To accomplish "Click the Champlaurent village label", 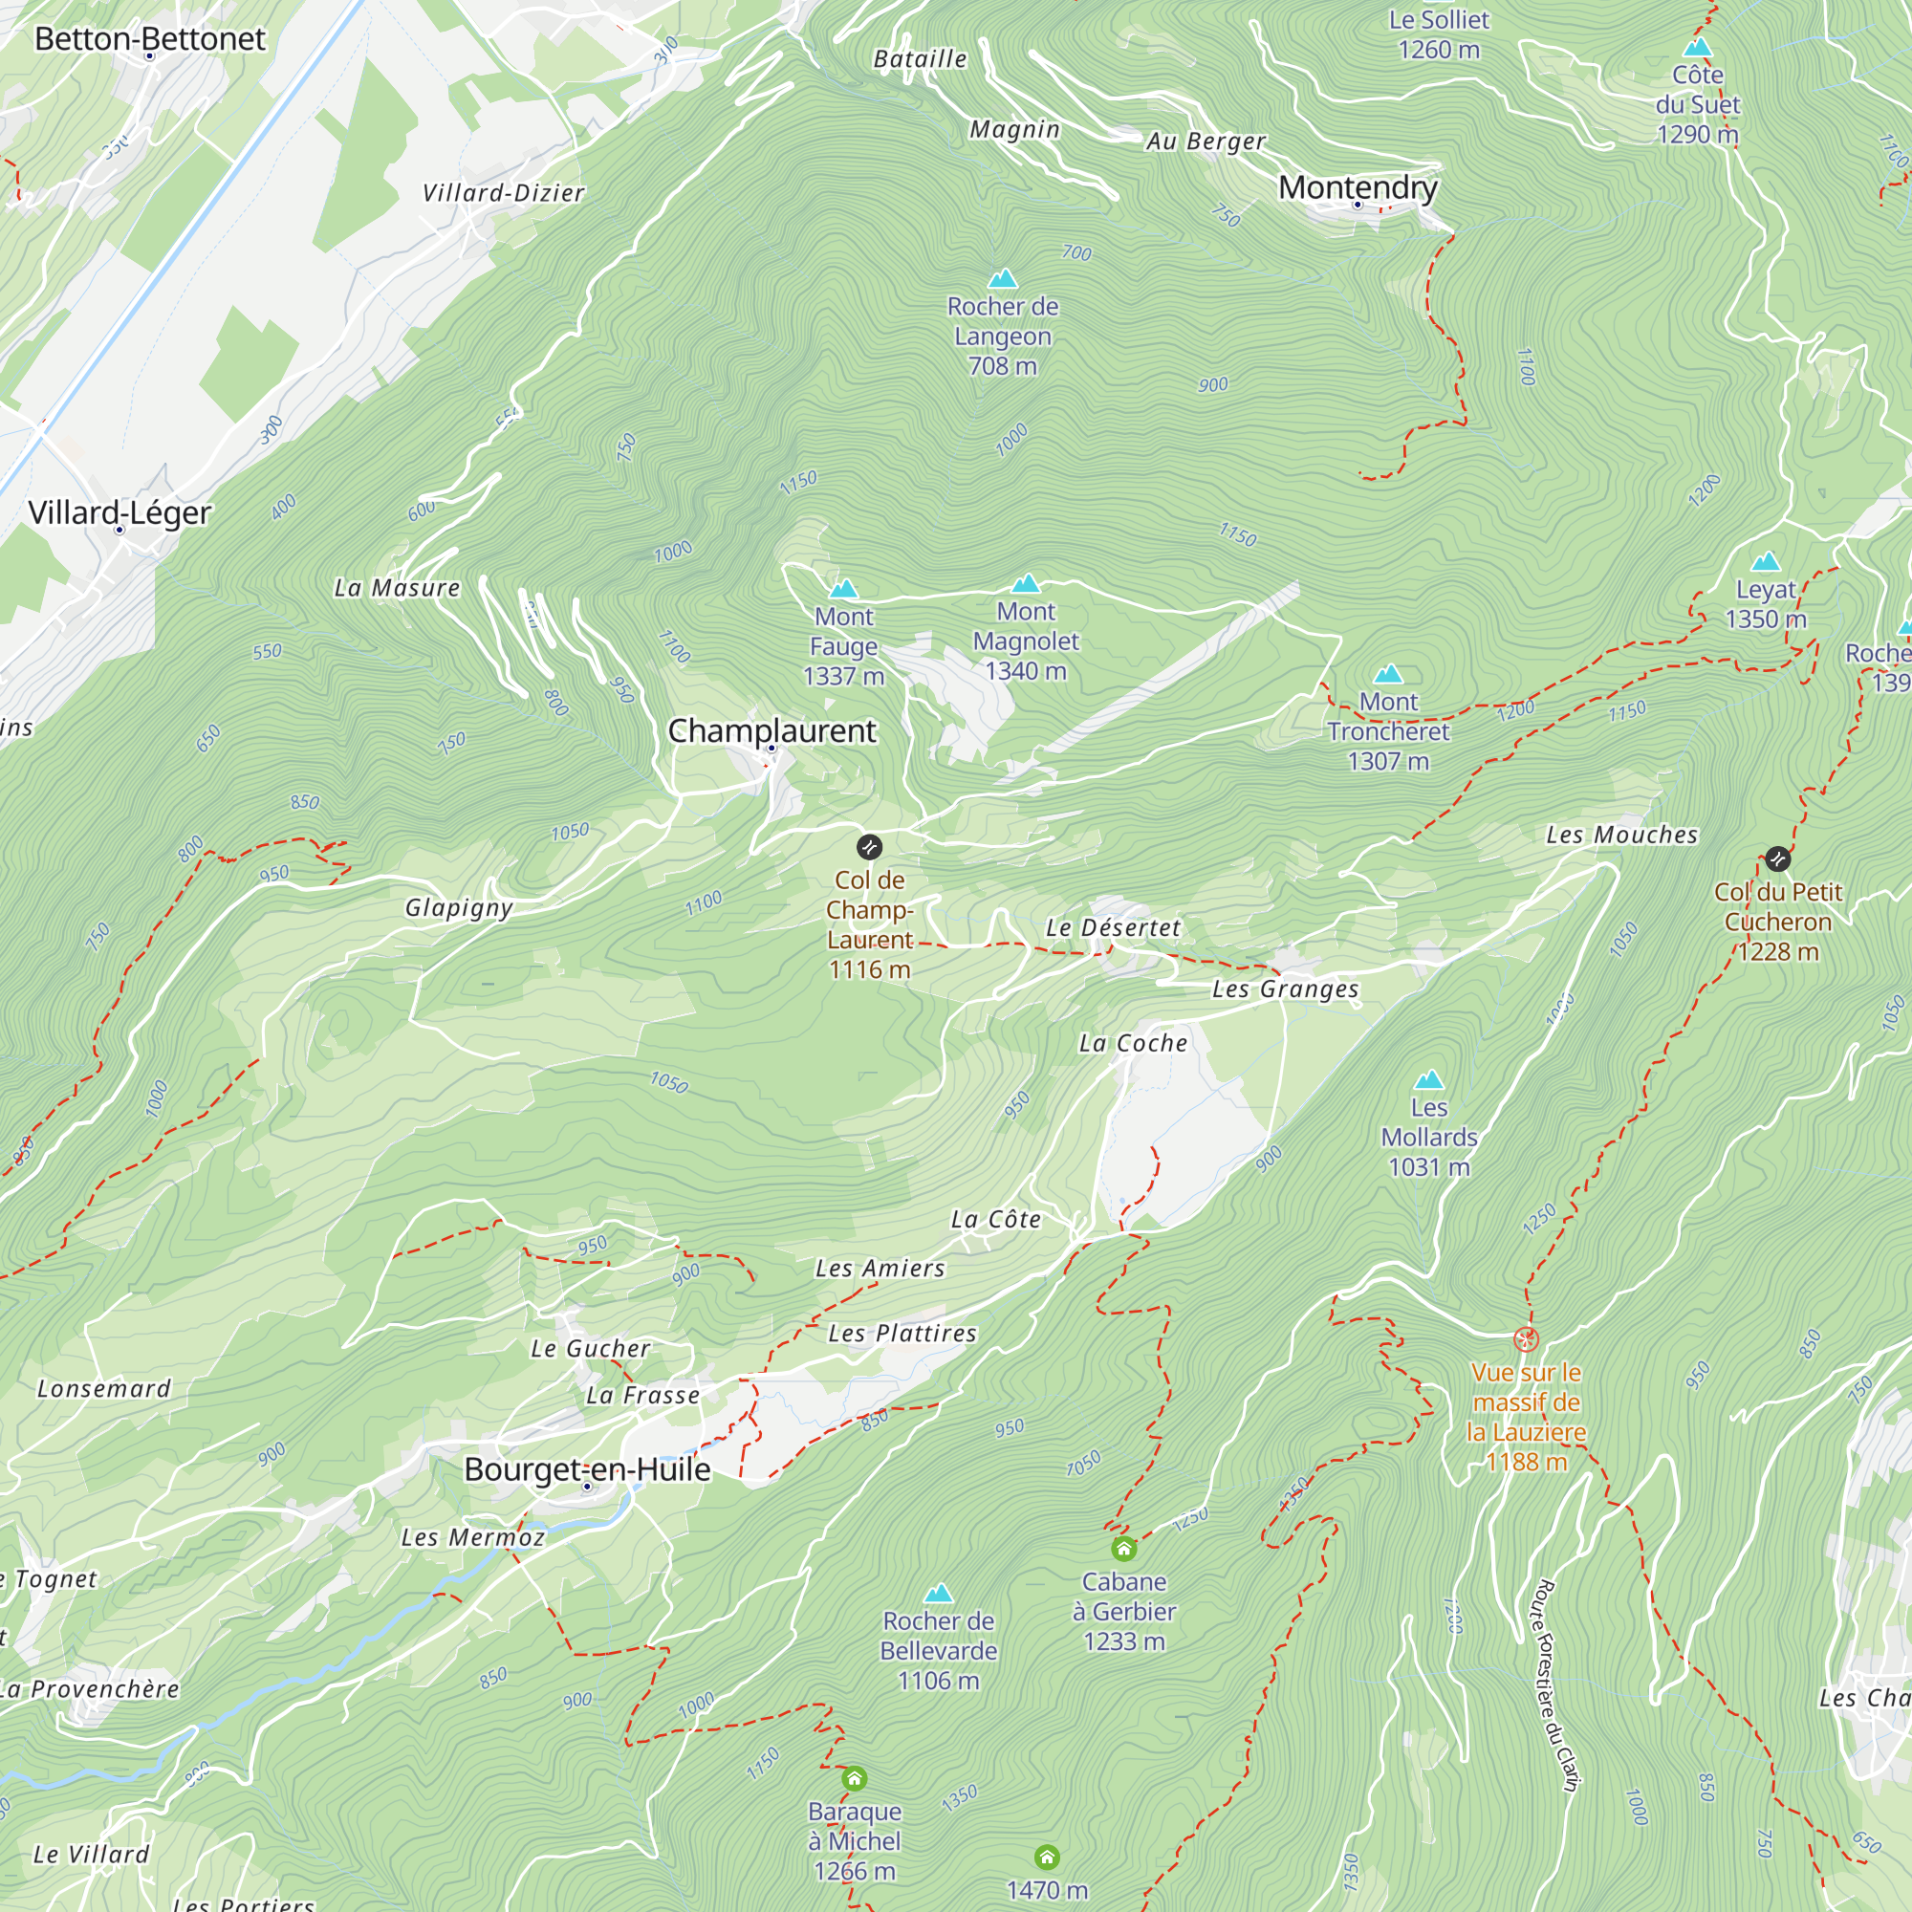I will coord(771,730).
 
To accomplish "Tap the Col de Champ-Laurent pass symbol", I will coord(869,847).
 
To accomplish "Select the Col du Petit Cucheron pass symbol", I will coord(1777,859).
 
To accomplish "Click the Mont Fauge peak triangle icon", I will coord(843,590).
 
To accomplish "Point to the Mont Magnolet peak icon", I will coord(1026,584).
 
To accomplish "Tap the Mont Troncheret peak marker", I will coord(1388,675).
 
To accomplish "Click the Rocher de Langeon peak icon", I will coord(1003,279).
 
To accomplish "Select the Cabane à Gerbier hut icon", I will coord(1123,1548).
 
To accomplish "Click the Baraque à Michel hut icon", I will coord(854,1778).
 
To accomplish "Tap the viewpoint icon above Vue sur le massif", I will coord(1526,1340).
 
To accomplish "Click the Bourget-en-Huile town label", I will coord(587,1468).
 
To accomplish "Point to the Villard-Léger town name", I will coord(119,512).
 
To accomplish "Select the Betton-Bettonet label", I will coord(150,38).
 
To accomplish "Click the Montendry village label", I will coord(1358,187).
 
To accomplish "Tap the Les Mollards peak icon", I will coord(1429,1079).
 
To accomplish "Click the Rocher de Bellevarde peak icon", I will coord(938,1594).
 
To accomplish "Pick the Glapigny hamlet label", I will coord(459,907).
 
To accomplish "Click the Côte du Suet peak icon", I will coord(1697,48).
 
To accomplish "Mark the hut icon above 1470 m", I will coord(1047,1857).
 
